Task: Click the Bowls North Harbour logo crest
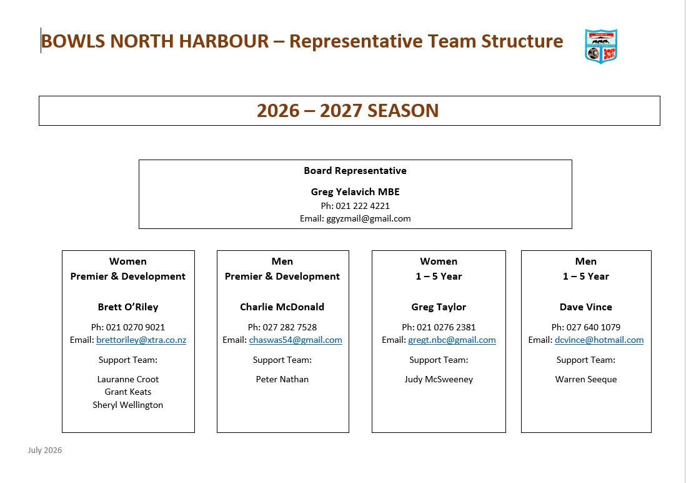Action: pos(601,46)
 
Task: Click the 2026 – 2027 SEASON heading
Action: pos(348,111)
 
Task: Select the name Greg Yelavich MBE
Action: pos(355,191)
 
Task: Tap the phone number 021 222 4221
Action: pos(363,206)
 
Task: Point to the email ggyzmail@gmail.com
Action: pos(369,219)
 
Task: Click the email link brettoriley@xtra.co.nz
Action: pos(141,340)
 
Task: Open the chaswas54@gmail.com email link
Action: pos(296,340)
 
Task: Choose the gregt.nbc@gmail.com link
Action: pos(452,340)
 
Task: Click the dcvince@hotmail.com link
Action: pos(599,340)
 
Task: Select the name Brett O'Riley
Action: pos(128,307)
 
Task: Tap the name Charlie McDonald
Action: pos(282,307)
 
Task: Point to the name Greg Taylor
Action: pos(439,307)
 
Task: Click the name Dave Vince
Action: pos(586,307)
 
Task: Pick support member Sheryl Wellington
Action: pos(127,405)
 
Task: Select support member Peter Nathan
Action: pos(282,379)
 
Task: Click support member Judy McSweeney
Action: pos(439,379)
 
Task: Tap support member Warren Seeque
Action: pos(586,379)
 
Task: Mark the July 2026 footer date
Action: pos(45,450)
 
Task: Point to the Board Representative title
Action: pos(355,171)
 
